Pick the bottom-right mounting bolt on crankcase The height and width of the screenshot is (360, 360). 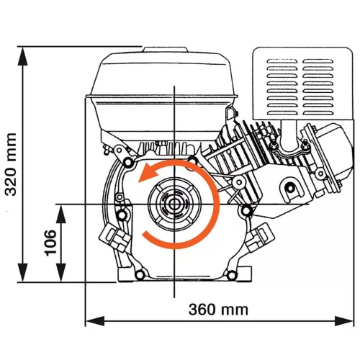(230, 275)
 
